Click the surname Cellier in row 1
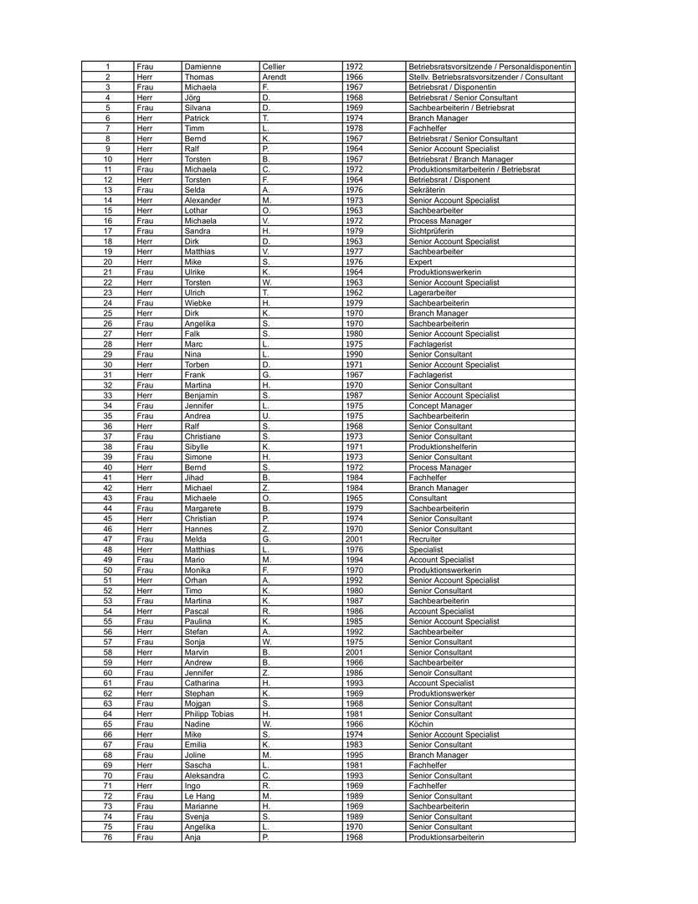coord(274,66)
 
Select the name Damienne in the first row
coord(203,66)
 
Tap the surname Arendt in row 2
coord(275,77)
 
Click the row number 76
coord(108,837)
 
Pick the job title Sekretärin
coord(427,190)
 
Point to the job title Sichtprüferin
coord(431,231)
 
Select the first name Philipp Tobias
coord(209,714)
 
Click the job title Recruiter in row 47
coord(425,539)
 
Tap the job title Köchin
coord(421,724)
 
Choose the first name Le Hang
coord(200,796)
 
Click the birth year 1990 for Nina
coord(354,354)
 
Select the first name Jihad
coord(194,478)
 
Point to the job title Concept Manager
coord(440,406)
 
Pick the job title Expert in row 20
coord(420,262)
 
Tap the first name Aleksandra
coord(204,776)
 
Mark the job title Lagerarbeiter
coord(433,293)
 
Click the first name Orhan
coord(195,580)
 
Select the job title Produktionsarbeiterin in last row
coord(446,837)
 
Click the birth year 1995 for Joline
coord(354,755)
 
